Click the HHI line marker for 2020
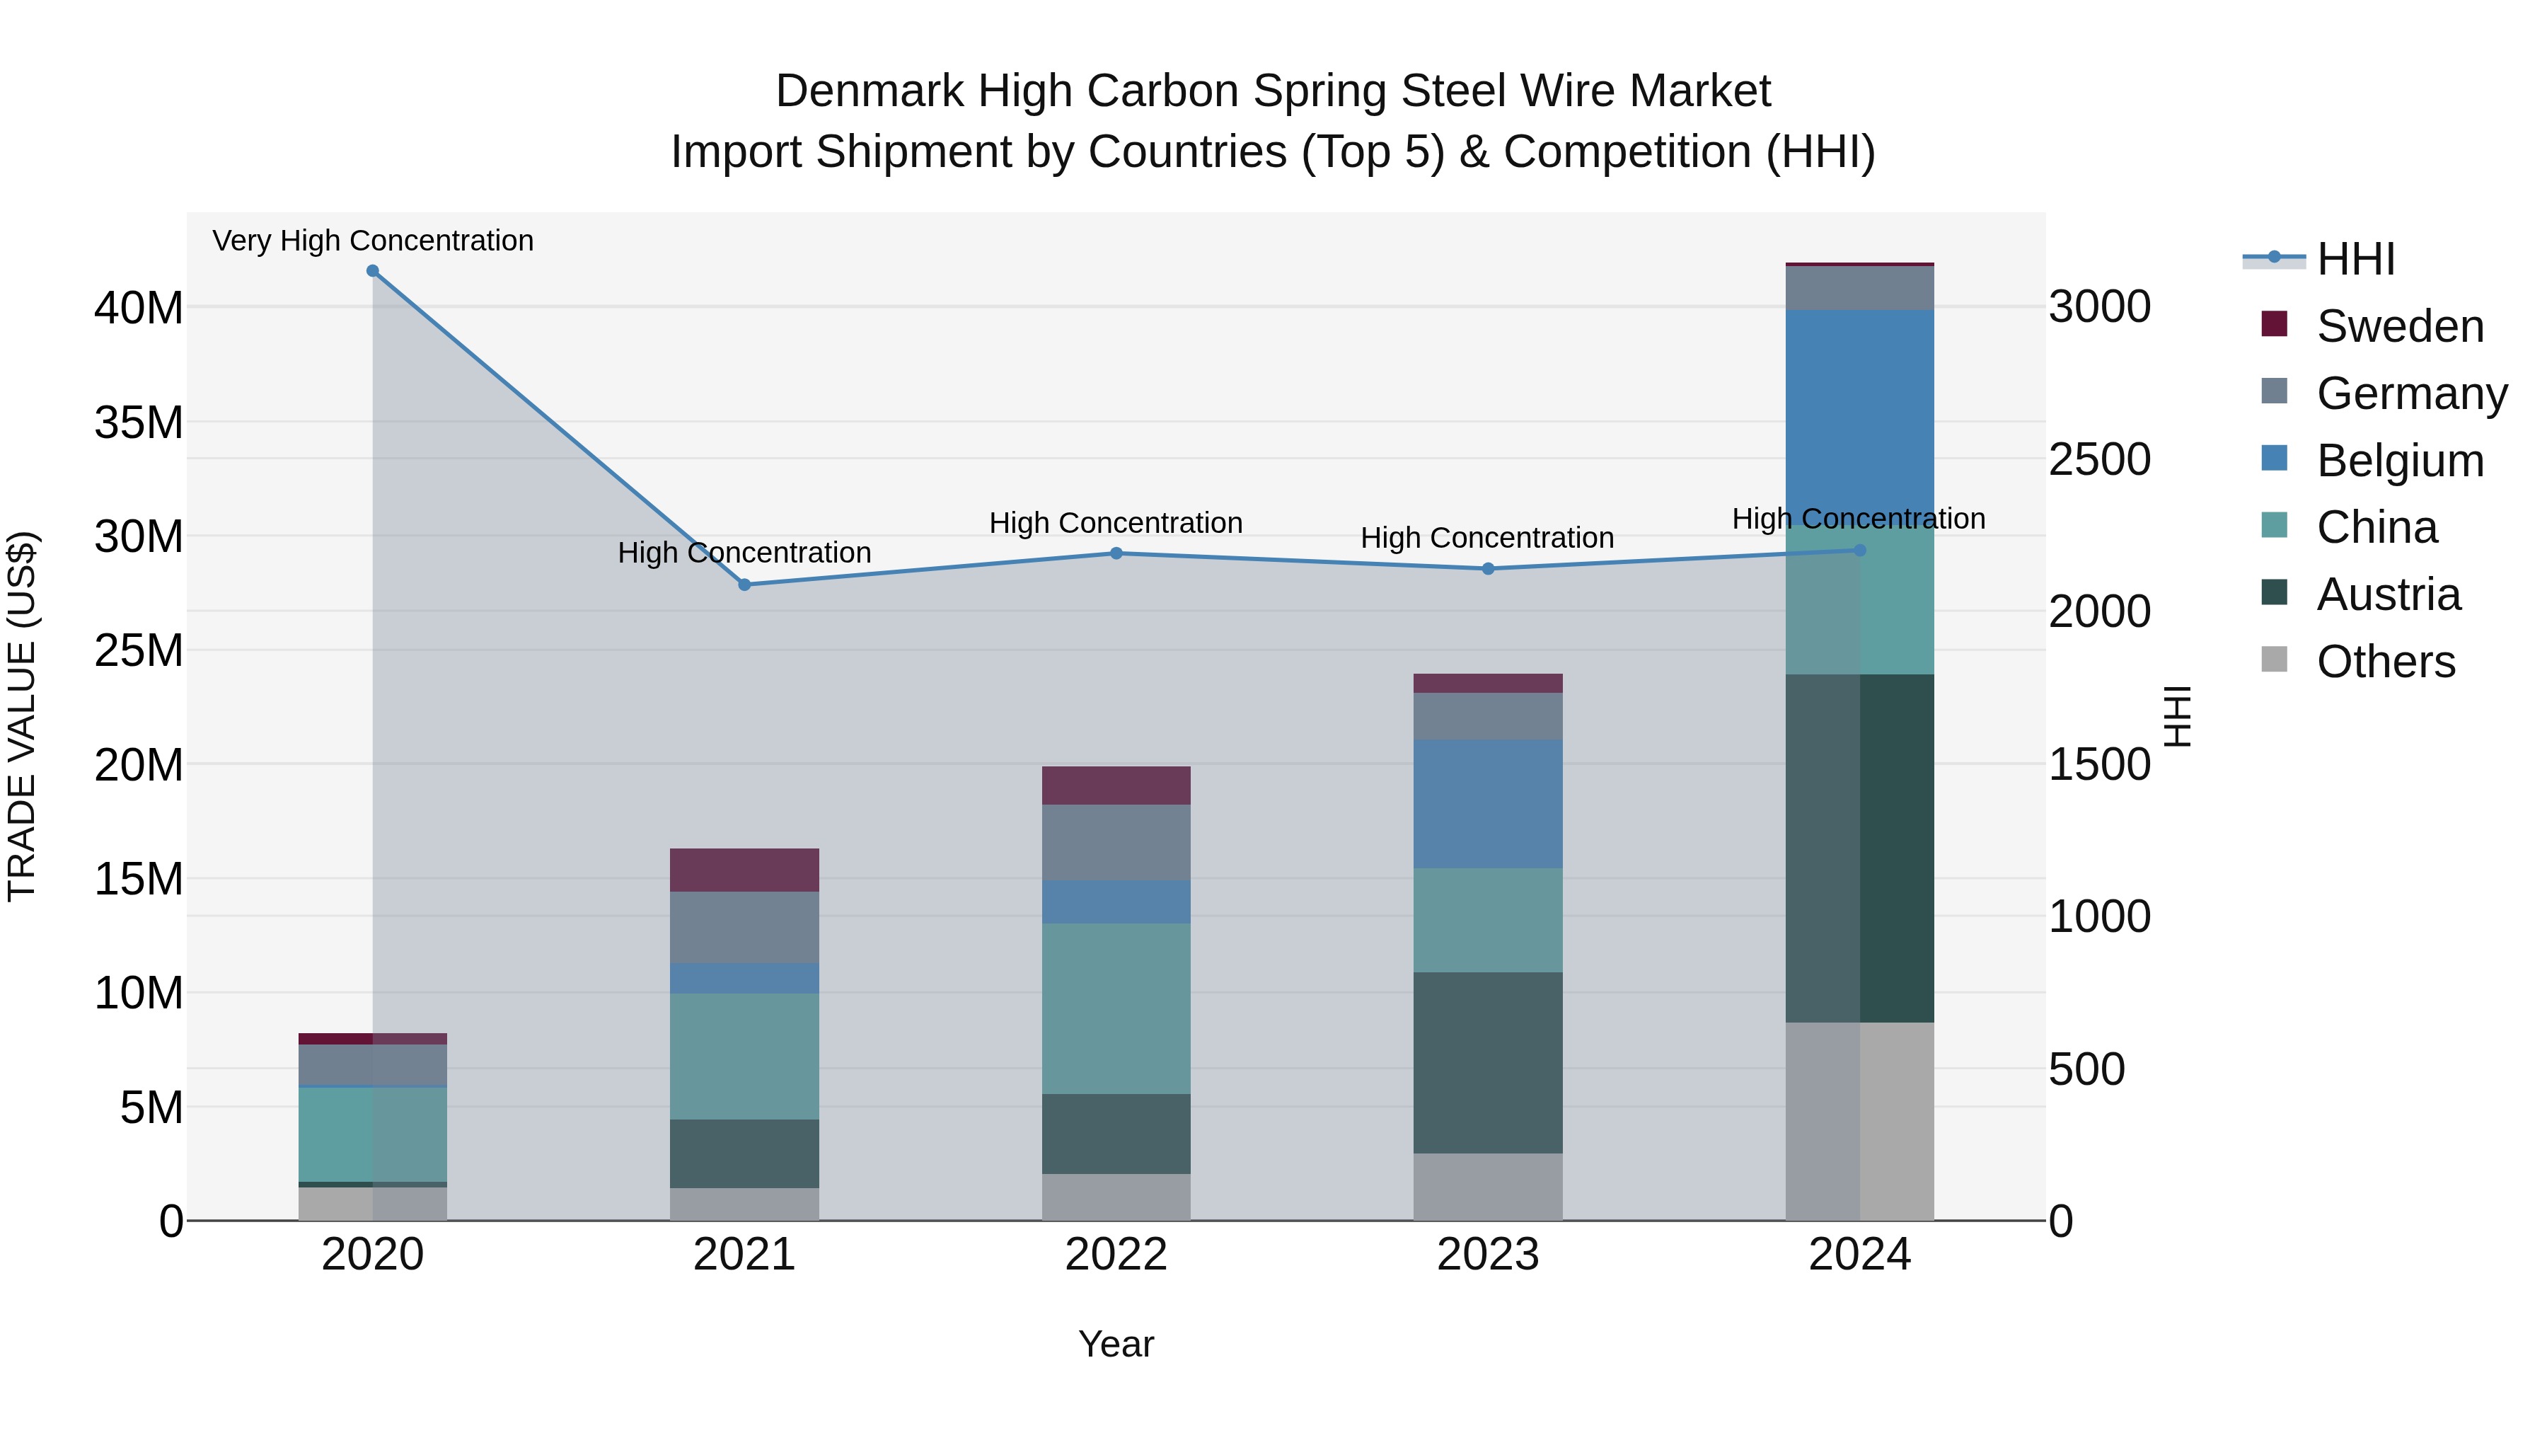pyautogui.click(x=373, y=271)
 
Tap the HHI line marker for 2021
pyautogui.click(x=744, y=585)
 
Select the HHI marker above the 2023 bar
pyautogui.click(x=1487, y=569)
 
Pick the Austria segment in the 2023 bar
pyautogui.click(x=1487, y=1062)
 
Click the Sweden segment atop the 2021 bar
pyautogui.click(x=744, y=870)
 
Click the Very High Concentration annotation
pyautogui.click(x=373, y=241)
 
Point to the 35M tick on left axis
pyautogui.click(x=139, y=422)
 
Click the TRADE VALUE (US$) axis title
pyautogui.click(x=22, y=716)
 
